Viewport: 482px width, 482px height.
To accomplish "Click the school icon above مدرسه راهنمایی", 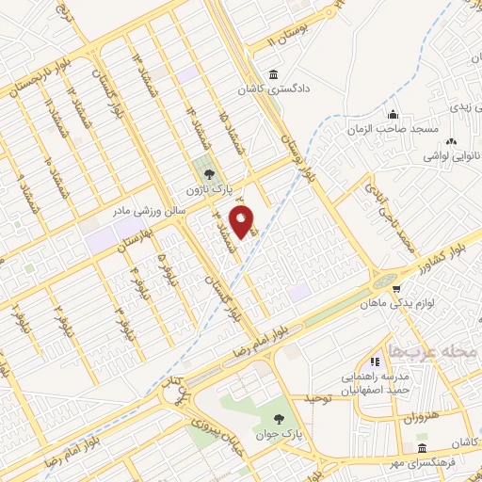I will (x=376, y=360).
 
